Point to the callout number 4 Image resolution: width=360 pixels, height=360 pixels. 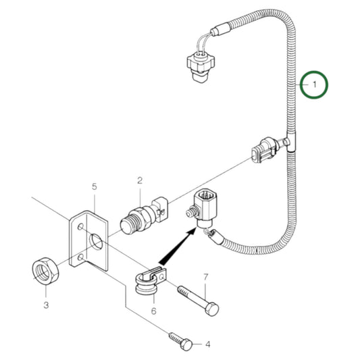click(x=208, y=344)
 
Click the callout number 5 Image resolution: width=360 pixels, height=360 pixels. click(x=95, y=186)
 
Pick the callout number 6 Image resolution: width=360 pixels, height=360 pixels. click(x=153, y=311)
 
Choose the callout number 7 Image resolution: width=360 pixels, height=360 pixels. click(x=206, y=277)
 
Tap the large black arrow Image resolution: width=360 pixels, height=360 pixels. click(x=174, y=247)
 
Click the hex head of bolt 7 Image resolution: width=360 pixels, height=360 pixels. click(x=211, y=309)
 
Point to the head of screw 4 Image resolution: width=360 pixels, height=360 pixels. click(x=186, y=344)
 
